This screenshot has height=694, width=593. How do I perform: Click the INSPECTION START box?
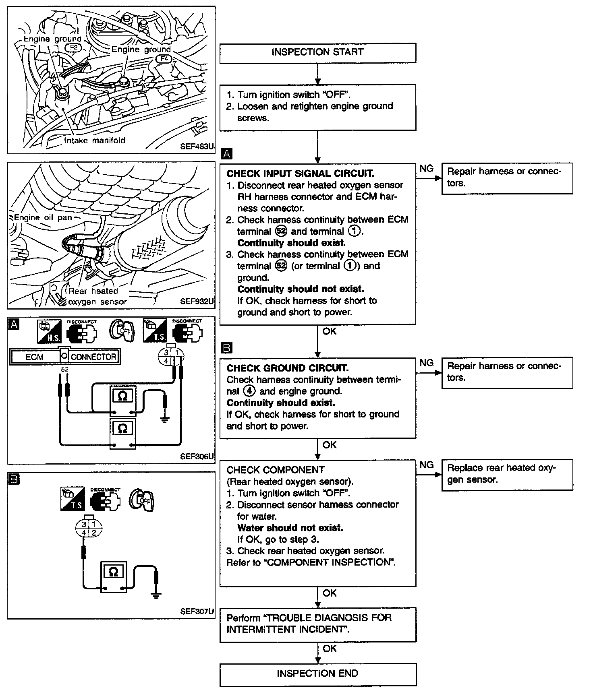317,53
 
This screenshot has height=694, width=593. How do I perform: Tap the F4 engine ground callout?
164,59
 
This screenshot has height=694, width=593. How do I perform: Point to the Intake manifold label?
95,140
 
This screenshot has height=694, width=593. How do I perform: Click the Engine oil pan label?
43,218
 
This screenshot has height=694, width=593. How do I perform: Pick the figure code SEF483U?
197,147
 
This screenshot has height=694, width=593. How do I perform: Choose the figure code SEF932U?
197,302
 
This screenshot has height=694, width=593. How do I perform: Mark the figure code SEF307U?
197,611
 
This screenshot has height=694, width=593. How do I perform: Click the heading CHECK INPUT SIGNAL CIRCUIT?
300,173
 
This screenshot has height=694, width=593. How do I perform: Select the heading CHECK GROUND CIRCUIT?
287,368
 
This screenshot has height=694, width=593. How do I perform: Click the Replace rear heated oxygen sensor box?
507,474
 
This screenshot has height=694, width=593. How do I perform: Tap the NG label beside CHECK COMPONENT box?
427,465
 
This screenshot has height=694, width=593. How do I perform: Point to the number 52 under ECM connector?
64,369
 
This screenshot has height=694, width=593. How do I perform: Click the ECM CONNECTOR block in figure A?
65,357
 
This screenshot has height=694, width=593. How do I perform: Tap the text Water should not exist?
290,528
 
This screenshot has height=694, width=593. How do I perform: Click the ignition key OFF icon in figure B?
142,500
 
